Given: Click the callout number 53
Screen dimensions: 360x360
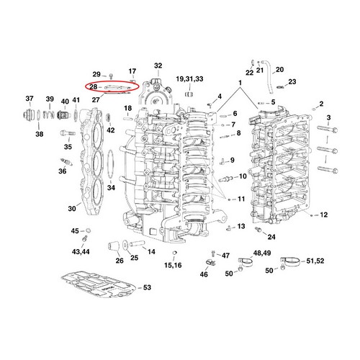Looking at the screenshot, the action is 147,287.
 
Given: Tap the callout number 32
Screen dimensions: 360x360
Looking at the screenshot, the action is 158,66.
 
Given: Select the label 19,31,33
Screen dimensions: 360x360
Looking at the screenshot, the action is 189,79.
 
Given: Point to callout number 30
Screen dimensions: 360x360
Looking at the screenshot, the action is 72,209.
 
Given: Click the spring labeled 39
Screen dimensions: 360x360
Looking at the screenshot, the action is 49,114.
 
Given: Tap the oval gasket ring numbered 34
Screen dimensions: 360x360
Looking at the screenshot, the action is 110,164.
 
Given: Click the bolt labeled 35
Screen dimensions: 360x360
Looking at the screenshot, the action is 68,132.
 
